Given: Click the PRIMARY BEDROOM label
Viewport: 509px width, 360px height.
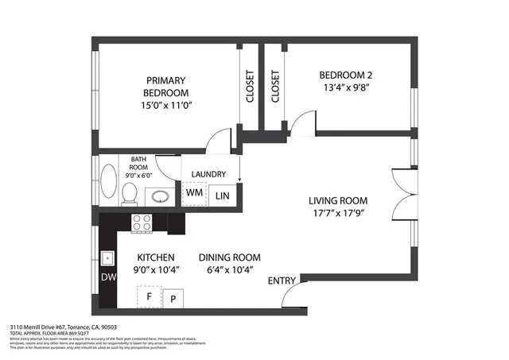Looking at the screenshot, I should coord(165,87).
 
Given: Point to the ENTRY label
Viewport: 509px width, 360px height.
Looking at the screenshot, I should coord(282,281).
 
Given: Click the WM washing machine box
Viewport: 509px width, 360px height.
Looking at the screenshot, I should coord(193,193).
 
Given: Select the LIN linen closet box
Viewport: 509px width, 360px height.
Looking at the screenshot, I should coord(222,193).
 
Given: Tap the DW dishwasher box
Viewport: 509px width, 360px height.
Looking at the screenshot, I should coord(107,277).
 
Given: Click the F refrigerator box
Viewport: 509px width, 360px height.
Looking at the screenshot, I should coord(148,297).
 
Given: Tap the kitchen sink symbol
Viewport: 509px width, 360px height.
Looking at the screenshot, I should coord(107,258).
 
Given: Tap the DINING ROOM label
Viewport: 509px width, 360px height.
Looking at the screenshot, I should coord(229,257).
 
